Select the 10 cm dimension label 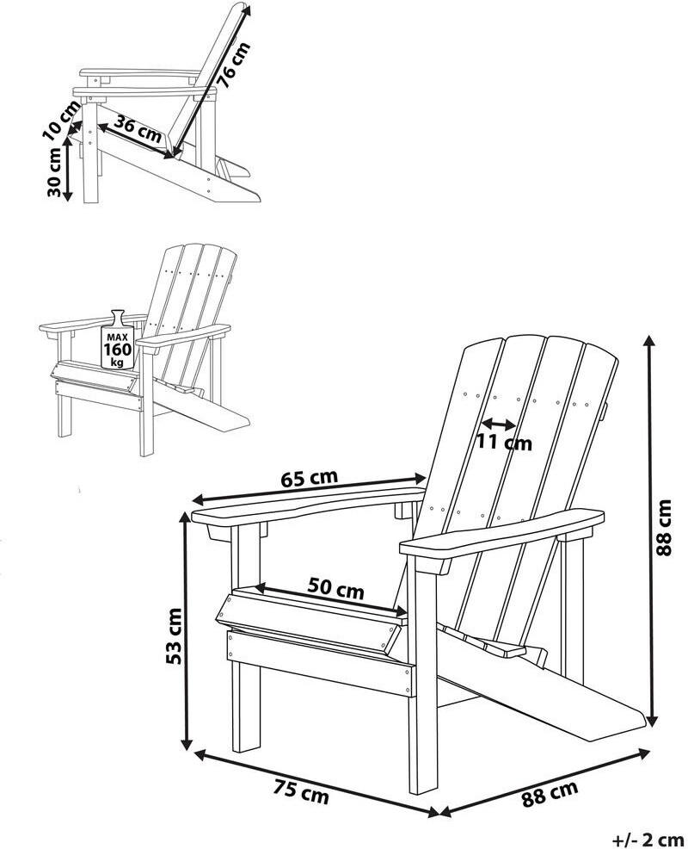tap(59, 121)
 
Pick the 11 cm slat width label tap(505, 443)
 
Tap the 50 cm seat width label tap(335, 591)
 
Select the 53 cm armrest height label tap(173, 635)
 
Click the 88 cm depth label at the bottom tap(550, 793)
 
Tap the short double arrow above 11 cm tap(498, 424)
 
